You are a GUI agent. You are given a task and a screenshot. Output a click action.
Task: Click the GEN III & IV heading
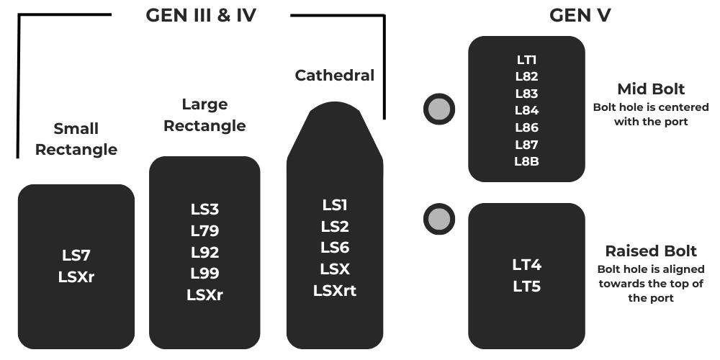pos(201,15)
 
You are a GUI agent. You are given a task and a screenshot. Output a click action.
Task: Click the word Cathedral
pos(335,75)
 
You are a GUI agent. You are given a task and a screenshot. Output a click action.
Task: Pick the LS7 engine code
pos(76,255)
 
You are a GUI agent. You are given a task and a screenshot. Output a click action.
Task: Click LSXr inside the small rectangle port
pos(76,276)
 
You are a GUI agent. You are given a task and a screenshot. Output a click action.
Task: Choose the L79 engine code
pos(204,231)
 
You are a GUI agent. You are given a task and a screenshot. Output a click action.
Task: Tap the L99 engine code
pos(204,274)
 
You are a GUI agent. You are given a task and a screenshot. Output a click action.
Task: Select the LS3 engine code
pos(204,210)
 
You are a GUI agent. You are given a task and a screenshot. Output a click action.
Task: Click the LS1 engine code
pos(335,205)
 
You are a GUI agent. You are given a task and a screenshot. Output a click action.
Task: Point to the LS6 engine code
pos(335,248)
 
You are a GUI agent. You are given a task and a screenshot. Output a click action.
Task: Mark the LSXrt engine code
pos(335,291)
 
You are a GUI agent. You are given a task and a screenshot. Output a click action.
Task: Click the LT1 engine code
pos(526,60)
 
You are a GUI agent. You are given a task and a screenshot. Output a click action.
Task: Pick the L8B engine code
pos(526,161)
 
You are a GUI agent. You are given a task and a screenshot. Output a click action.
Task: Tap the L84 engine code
pos(526,110)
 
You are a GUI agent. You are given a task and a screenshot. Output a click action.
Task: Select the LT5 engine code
pos(526,287)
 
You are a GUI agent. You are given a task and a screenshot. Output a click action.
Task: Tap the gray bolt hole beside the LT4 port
pos(438,219)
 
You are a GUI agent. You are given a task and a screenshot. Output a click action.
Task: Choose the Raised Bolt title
pos(651,251)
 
